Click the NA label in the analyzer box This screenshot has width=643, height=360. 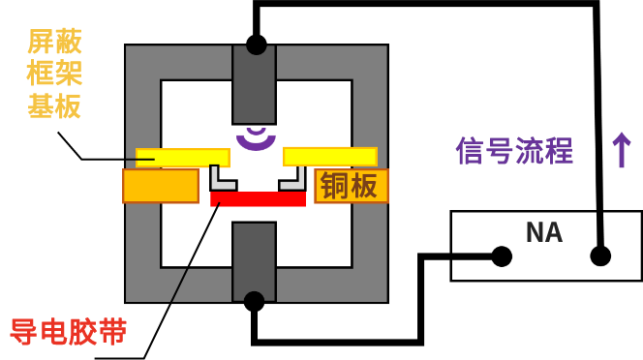pos(543,232)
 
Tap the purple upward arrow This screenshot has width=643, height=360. pos(621,150)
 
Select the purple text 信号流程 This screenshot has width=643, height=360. pos(514,151)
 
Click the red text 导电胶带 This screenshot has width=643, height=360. pos(68,331)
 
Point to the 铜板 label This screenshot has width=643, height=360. pos(350,185)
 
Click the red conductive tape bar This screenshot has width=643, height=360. pos(258,199)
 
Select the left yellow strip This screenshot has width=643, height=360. pos(183,158)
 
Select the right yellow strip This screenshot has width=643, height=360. pos(329,157)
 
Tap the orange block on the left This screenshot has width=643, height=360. pos(161,186)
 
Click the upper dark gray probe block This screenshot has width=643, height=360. pos(254,84)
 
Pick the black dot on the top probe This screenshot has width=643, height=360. pos(256,45)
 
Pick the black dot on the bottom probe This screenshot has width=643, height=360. pos(254,301)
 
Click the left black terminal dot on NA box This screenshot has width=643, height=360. pos(502,256)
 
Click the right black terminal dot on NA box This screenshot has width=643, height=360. pos(600,256)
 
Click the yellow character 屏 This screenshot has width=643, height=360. pos(40,41)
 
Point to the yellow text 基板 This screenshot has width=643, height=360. pos(54,105)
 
